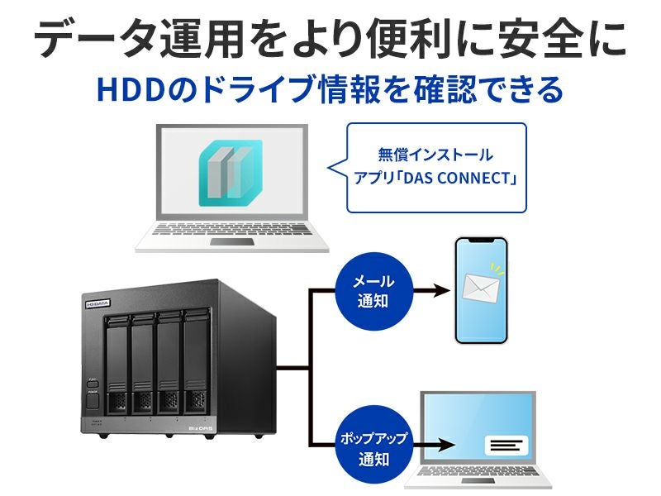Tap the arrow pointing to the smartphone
[x=438, y=291]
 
